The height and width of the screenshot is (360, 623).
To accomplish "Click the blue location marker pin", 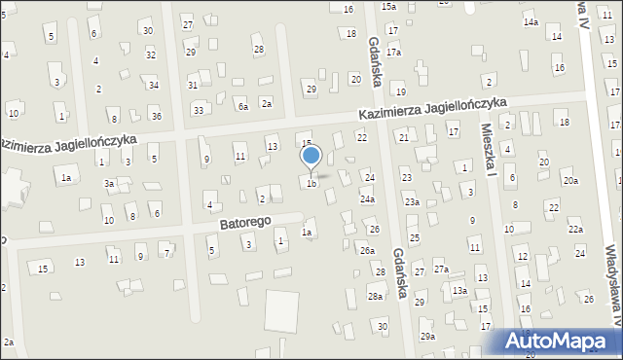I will click(x=311, y=156).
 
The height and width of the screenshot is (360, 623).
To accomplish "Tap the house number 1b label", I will click(x=311, y=183).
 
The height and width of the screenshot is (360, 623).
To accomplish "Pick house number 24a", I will click(x=367, y=199).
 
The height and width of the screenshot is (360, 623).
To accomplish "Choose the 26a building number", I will click(x=367, y=251).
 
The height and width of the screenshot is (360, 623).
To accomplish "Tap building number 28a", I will click(x=375, y=296).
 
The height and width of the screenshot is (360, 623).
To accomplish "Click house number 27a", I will click(x=442, y=269).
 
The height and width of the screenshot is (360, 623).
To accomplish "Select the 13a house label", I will click(x=459, y=291).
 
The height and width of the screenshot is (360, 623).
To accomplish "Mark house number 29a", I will click(x=427, y=336).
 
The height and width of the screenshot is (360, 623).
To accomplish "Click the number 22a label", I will click(x=576, y=230).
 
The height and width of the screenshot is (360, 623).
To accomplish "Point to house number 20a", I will click(x=570, y=181).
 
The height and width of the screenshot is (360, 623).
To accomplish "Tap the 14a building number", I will click(x=531, y=21).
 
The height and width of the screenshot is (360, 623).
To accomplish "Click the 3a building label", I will click(x=111, y=183).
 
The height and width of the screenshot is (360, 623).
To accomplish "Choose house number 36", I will click(x=157, y=117).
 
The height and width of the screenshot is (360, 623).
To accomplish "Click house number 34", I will click(x=154, y=86).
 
